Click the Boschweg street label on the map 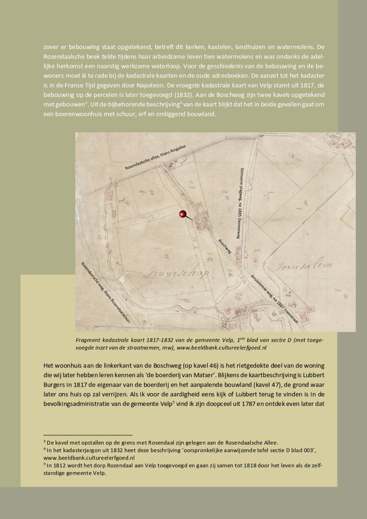pos(225,245)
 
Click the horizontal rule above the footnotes pos(88,435)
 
